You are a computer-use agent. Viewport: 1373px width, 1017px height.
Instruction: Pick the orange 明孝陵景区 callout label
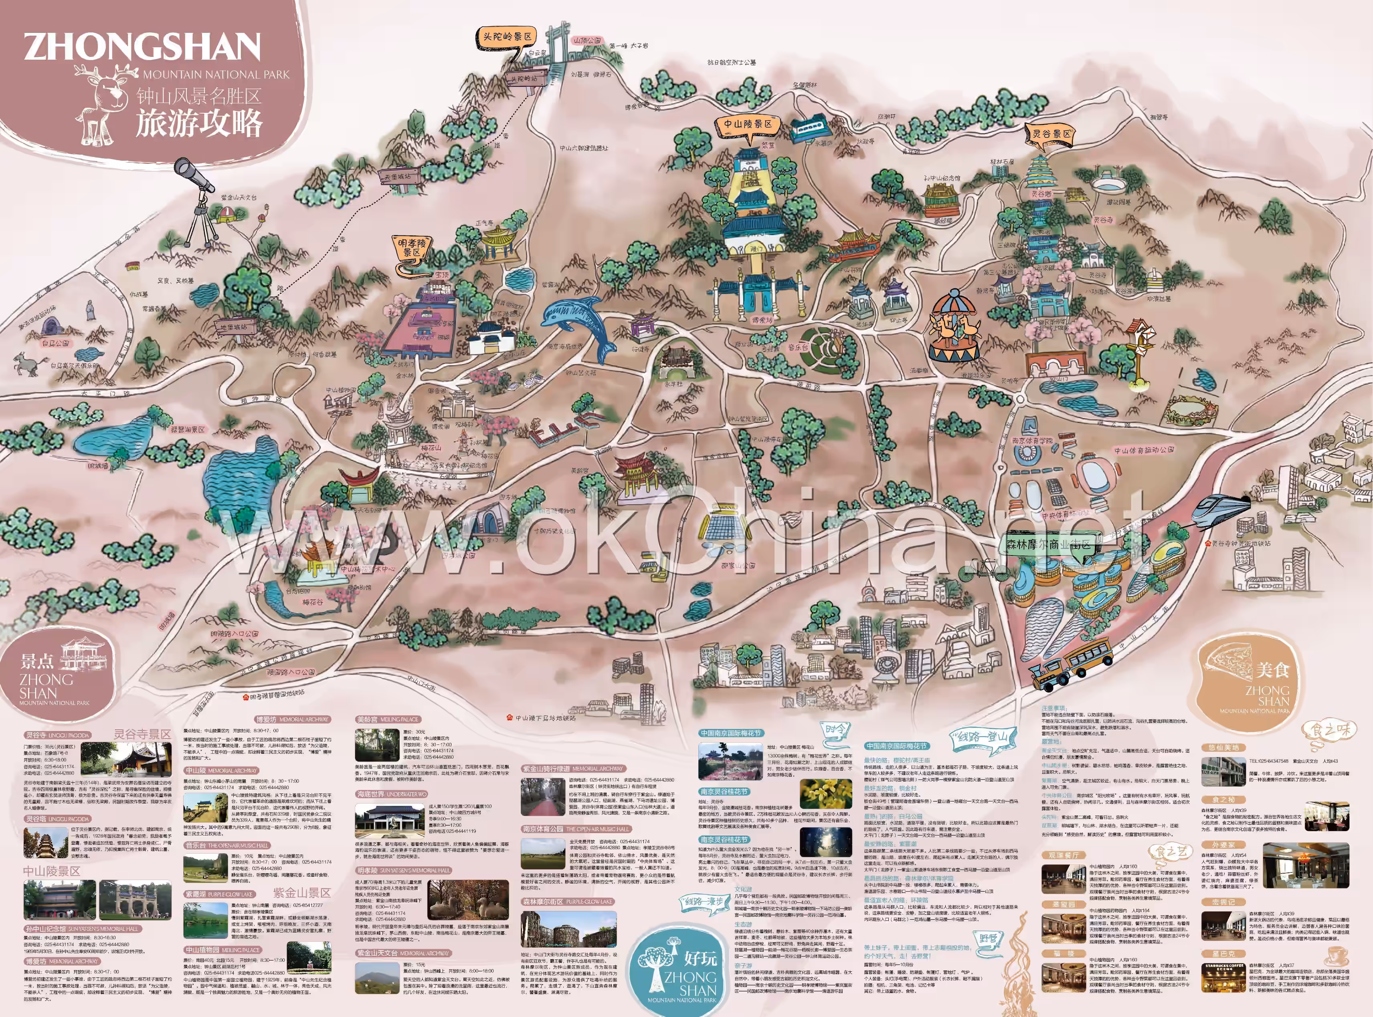click(411, 248)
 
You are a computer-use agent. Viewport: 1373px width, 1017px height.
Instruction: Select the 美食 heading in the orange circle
click(1272, 669)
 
